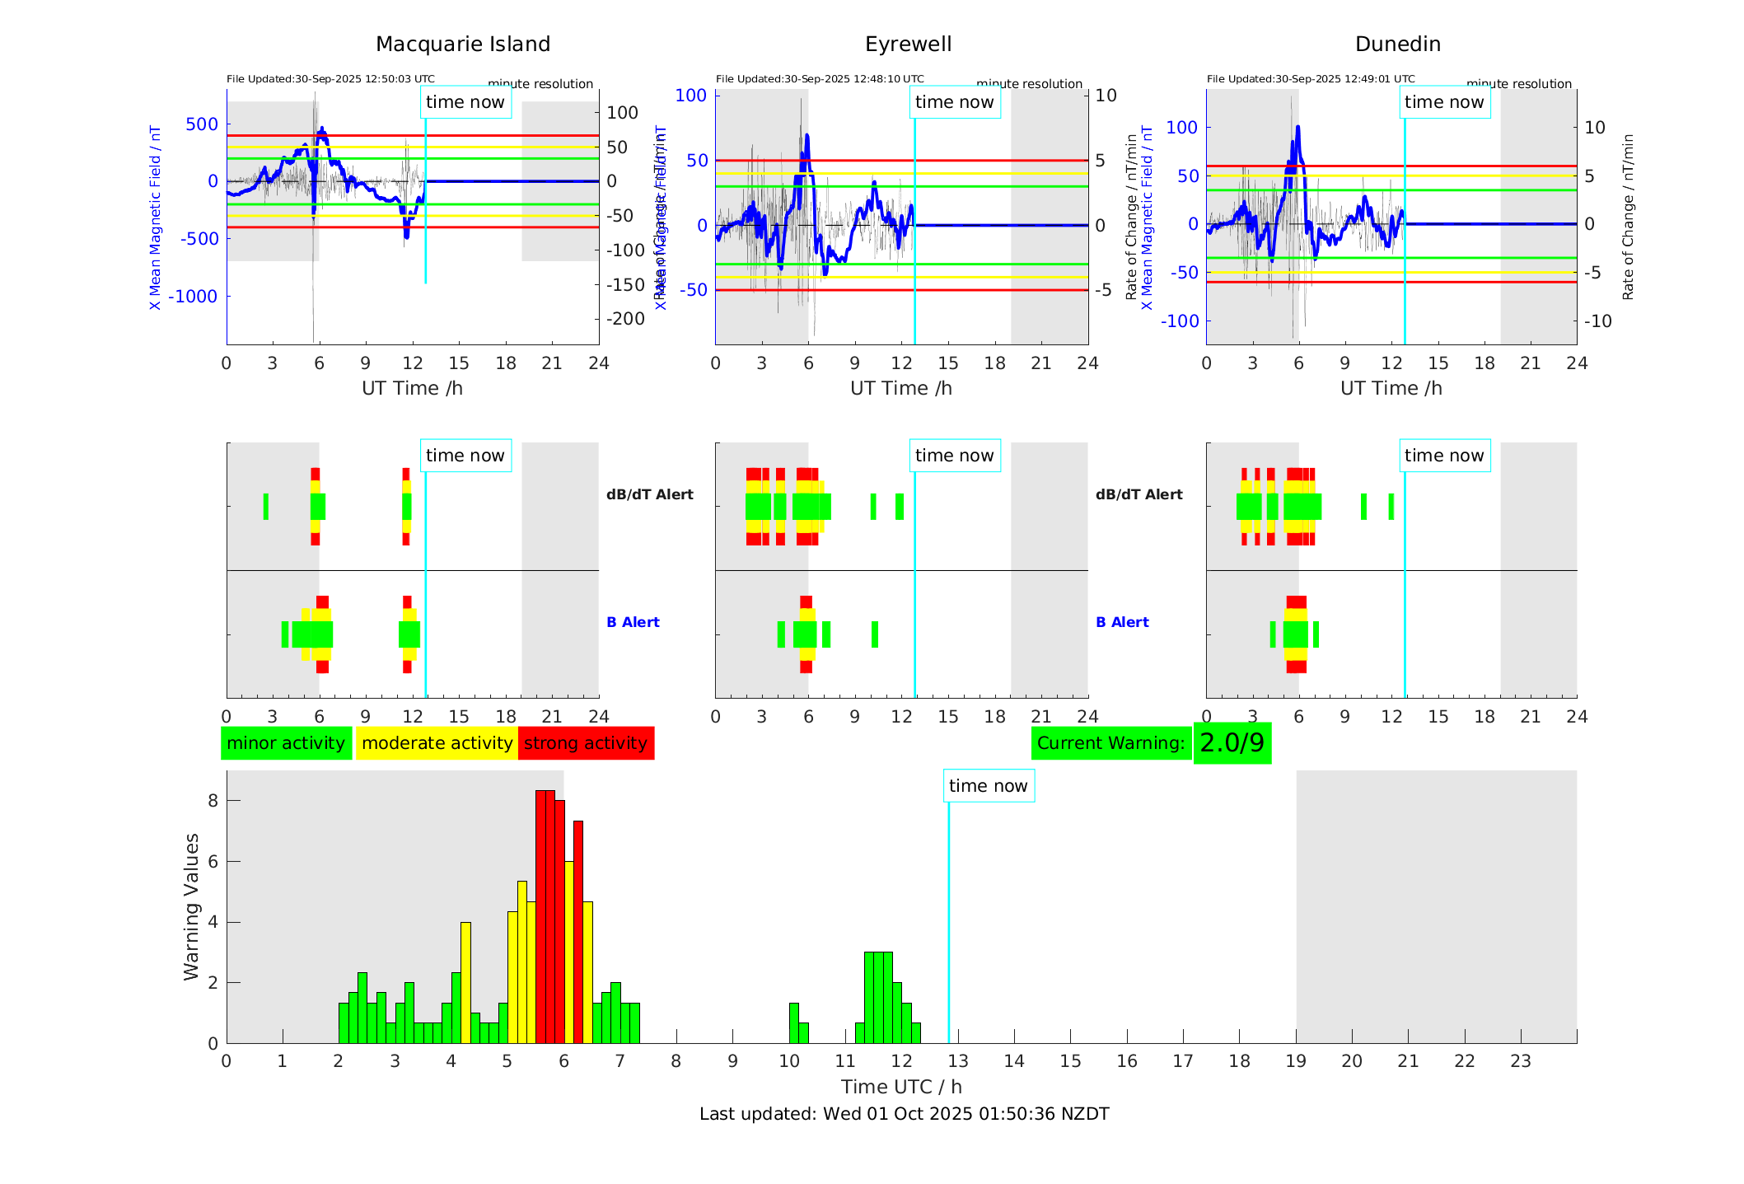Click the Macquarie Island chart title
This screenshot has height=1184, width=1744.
pyautogui.click(x=462, y=44)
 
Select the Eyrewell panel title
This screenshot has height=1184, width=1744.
pyautogui.click(x=908, y=44)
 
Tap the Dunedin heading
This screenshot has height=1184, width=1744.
pyautogui.click(x=1397, y=44)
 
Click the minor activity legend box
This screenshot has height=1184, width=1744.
pyautogui.click(x=286, y=743)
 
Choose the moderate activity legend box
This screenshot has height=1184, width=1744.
pyautogui.click(x=437, y=743)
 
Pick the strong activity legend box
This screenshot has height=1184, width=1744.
pyautogui.click(x=586, y=743)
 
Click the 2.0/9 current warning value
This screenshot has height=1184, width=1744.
pyautogui.click(x=1232, y=743)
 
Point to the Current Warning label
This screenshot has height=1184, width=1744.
pyautogui.click(x=1110, y=743)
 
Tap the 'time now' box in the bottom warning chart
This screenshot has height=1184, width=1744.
pyautogui.click(x=988, y=786)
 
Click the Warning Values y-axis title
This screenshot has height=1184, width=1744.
pyautogui.click(x=191, y=906)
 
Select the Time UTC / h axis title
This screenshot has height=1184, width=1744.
pyautogui.click(x=901, y=1087)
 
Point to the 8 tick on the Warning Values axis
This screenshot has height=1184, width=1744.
pyautogui.click(x=213, y=800)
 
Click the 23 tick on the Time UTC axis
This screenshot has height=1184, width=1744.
pyautogui.click(x=1520, y=1061)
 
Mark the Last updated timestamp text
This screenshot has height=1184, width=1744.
pyautogui.click(x=904, y=1114)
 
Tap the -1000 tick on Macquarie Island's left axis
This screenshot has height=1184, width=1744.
pyautogui.click(x=193, y=297)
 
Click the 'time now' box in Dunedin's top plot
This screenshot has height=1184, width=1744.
pyautogui.click(x=1443, y=102)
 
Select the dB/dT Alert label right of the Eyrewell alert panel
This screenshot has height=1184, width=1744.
pyautogui.click(x=1139, y=494)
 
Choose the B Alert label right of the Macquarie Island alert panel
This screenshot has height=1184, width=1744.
pyautogui.click(x=633, y=622)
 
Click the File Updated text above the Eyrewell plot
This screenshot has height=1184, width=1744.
pyautogui.click(x=820, y=79)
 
